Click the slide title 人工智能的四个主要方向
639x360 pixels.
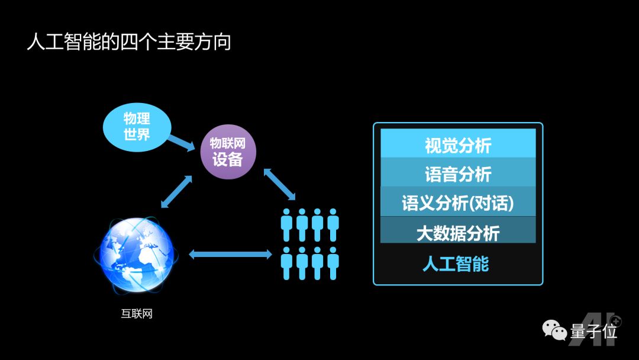coord(129,43)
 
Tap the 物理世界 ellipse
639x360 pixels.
coord(137,126)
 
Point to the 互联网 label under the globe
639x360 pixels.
coord(137,314)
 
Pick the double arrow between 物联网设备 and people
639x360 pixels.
coord(279,183)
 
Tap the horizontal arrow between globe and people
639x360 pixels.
coord(230,254)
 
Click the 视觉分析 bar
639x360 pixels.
coord(458,144)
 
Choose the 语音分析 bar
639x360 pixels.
coord(458,173)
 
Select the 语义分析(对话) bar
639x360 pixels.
coord(458,202)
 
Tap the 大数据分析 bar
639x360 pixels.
coord(458,232)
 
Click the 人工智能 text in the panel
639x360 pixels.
coord(456,263)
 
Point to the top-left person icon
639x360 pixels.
coord(287,224)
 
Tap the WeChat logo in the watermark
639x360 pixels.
coord(555,330)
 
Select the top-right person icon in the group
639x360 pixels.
coord(333,224)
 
